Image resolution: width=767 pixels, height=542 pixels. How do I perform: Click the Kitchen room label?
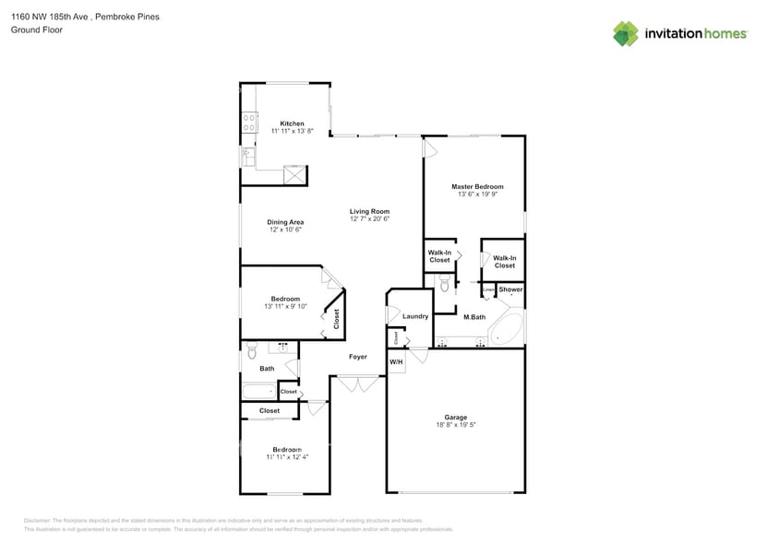click(x=292, y=124)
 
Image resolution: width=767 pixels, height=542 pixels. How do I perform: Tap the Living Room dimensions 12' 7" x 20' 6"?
click(x=369, y=219)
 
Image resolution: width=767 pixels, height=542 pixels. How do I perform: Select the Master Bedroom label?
click(x=476, y=187)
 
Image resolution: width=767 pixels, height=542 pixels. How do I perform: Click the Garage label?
click(x=456, y=418)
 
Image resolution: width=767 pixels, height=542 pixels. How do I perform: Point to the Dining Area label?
click(x=285, y=222)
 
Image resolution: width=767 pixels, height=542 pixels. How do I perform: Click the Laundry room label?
click(x=415, y=316)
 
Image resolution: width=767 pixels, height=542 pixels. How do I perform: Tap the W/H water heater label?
click(x=396, y=362)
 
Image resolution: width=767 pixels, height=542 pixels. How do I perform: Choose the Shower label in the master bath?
click(x=510, y=289)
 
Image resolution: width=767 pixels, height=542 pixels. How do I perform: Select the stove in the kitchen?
click(x=248, y=119)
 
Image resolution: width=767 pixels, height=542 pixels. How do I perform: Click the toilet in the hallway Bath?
click(x=250, y=351)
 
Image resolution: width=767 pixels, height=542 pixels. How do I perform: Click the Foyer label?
click(x=357, y=357)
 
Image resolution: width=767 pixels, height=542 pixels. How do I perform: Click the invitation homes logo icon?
click(x=626, y=33)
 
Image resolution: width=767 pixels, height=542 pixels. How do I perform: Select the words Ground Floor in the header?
click(x=32, y=30)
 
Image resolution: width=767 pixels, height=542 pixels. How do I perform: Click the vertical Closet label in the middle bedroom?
click(x=336, y=318)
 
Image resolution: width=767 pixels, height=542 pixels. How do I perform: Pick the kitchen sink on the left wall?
click(x=247, y=157)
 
